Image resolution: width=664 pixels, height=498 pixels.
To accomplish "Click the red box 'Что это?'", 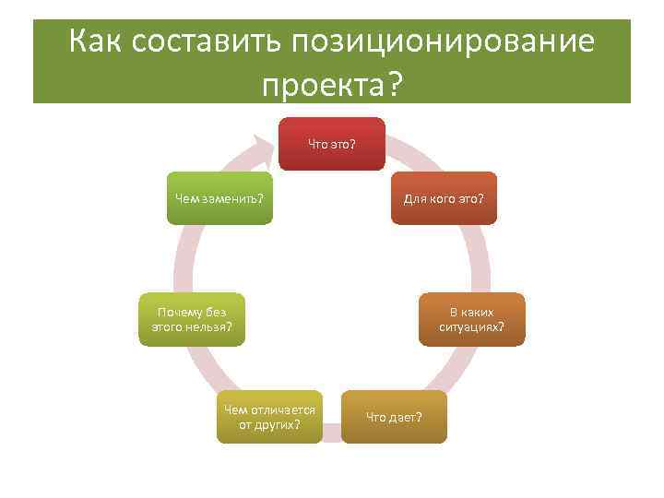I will [332, 144].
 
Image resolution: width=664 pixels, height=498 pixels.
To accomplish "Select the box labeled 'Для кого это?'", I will [444, 198].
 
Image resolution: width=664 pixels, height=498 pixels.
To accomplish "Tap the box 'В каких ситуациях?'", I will [471, 319].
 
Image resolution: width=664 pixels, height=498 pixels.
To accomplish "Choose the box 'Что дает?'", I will [394, 417].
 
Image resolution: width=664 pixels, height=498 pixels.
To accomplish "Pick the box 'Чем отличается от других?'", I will [269, 417].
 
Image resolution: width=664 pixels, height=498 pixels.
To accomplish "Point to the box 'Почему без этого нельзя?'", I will [192, 319].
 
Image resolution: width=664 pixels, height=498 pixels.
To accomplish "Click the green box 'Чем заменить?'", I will [219, 198].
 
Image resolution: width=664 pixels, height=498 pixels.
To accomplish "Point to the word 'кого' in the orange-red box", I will [444, 198].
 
